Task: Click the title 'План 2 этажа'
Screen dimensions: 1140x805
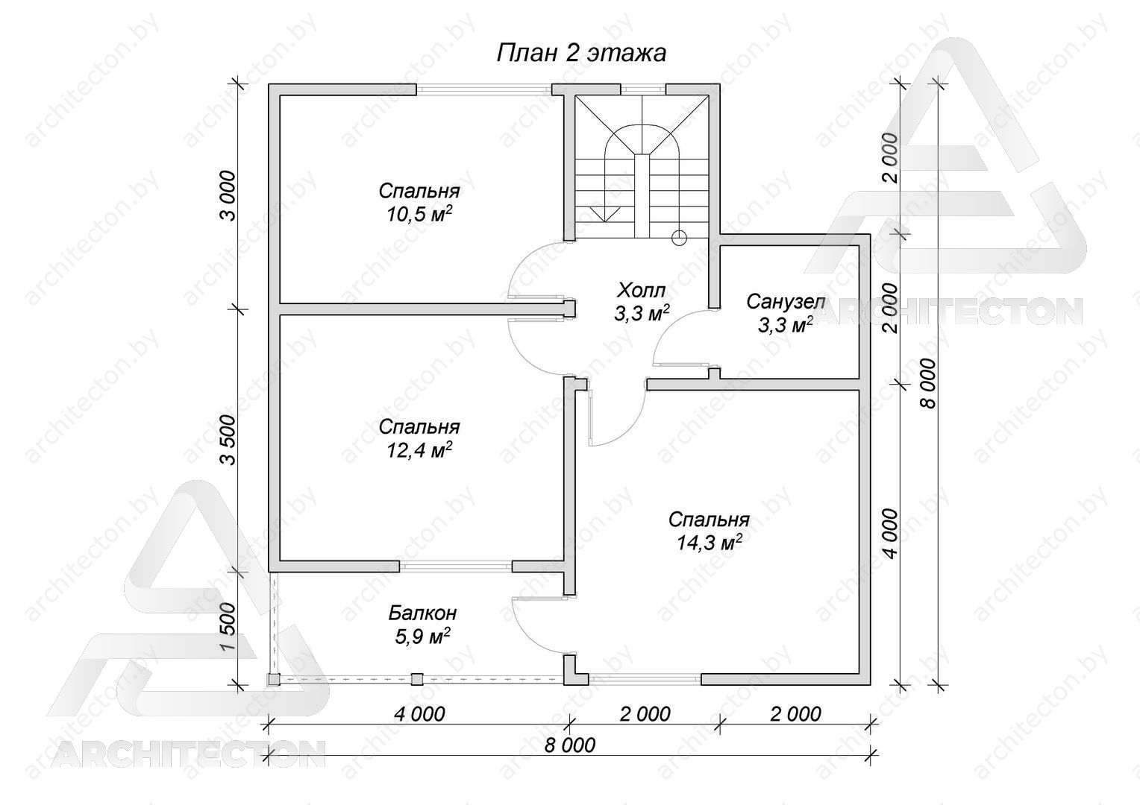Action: coord(581,54)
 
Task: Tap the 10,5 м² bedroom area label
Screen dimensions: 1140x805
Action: coord(419,215)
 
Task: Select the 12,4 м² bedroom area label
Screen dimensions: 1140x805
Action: coord(419,450)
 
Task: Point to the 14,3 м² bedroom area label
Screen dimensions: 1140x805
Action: coord(709,543)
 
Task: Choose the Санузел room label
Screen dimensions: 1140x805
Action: coord(786,302)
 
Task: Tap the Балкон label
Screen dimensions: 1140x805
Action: coord(422,613)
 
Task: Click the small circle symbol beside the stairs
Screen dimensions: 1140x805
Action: coord(679,238)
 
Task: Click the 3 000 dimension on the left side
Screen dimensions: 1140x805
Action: coord(228,196)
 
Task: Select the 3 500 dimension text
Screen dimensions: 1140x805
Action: coord(228,440)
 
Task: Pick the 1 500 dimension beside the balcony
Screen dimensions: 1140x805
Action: coord(228,627)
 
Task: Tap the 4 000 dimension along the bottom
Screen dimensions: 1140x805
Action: coord(419,714)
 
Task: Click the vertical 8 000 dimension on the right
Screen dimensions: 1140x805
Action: coord(928,383)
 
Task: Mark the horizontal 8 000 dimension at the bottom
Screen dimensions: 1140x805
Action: coord(569,745)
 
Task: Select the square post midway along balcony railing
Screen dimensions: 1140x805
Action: coord(417,679)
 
